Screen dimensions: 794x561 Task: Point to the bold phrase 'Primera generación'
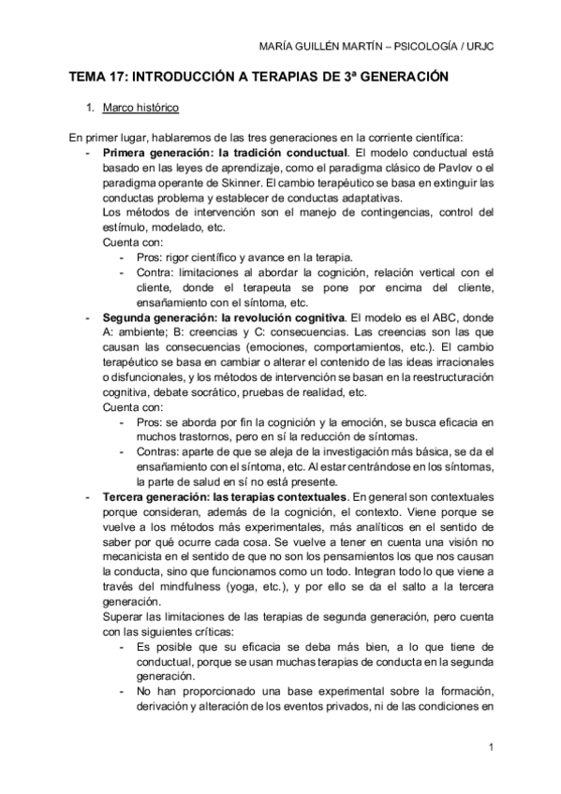pyautogui.click(x=157, y=152)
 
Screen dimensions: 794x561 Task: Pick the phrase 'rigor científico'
pyautogui.click(x=212, y=257)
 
